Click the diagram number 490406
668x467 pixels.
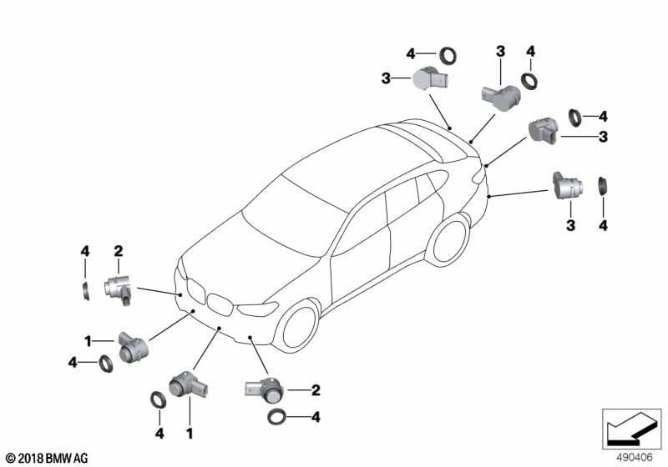[x=635, y=458]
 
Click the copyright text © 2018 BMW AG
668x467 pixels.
[x=48, y=459]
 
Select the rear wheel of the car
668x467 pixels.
[x=450, y=240]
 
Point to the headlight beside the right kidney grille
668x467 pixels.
[x=257, y=309]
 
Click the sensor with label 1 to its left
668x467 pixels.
[x=132, y=347]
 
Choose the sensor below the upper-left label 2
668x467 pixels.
[x=119, y=289]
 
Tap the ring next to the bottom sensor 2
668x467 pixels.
[x=278, y=418]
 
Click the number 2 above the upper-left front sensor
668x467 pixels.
[x=119, y=251]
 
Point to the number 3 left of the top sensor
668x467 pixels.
[x=386, y=78]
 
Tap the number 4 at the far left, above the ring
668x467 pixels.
[x=85, y=251]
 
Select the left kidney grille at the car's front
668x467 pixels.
[x=195, y=290]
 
